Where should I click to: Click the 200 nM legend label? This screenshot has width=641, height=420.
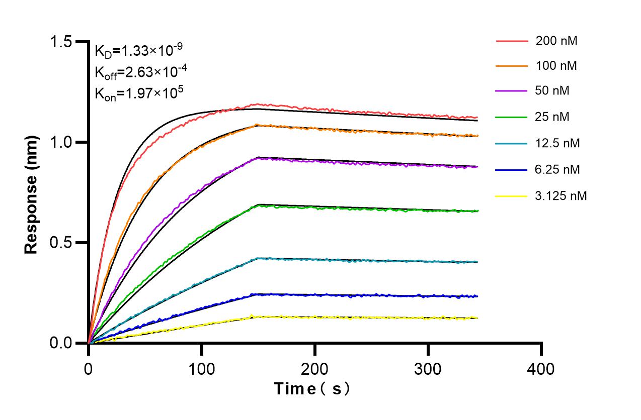tap(556, 41)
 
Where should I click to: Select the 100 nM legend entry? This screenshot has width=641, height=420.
tap(556, 66)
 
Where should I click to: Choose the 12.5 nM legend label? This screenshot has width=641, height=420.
tap(557, 143)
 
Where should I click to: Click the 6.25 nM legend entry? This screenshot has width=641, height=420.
tap(557, 169)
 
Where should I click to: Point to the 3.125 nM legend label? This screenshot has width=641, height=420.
tap(561, 195)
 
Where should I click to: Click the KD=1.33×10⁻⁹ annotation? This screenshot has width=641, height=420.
tap(138, 51)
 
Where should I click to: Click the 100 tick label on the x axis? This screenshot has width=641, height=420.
tap(202, 369)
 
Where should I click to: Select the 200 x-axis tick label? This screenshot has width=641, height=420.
tap(315, 369)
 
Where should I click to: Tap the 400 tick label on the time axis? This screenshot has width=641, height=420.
tap(541, 369)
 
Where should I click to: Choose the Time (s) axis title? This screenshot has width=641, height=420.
tap(311, 388)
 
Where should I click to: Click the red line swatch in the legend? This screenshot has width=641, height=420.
tap(512, 41)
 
